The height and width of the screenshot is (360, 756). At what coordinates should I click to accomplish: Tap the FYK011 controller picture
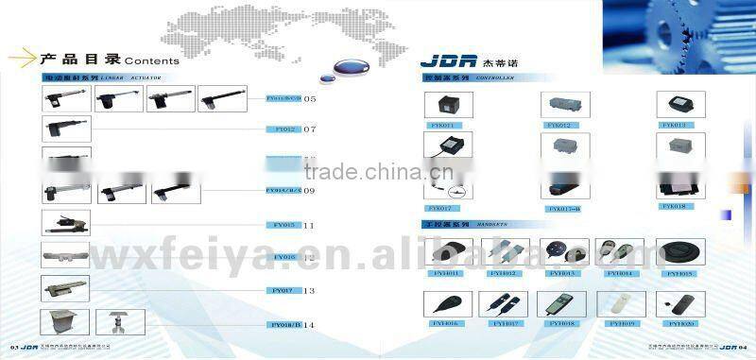click(x=442, y=105)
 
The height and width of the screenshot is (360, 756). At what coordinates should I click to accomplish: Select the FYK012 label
click(x=558, y=124)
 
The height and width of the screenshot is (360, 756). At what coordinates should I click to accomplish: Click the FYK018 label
click(x=674, y=205)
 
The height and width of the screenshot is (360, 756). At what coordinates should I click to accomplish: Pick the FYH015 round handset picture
click(x=680, y=252)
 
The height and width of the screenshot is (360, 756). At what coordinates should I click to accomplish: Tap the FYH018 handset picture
click(x=555, y=303)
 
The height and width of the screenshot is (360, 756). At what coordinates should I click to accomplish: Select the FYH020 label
click(x=682, y=323)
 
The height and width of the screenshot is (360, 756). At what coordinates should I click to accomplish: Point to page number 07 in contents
click(x=309, y=129)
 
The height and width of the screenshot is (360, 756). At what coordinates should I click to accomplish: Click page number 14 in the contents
click(x=308, y=324)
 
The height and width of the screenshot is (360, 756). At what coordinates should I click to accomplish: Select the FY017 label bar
click(x=284, y=291)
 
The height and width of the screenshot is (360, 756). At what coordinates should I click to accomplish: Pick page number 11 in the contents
click(x=309, y=226)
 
